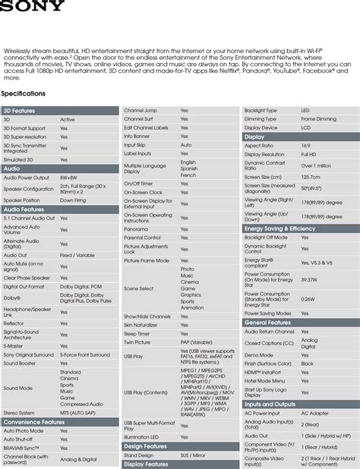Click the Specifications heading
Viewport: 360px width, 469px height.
pyautogui.click(x=24, y=93)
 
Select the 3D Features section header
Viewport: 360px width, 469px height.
pyautogui.click(x=19, y=111)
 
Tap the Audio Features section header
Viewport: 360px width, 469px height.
pyautogui.click(x=24, y=209)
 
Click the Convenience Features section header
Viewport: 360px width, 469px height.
pyautogui.click(x=33, y=422)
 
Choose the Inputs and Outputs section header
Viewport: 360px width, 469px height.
pyautogui.click(x=270, y=404)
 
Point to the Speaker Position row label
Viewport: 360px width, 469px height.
pyautogui.click(x=23, y=200)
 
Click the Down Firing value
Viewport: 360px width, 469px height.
pyautogui.click(x=73, y=200)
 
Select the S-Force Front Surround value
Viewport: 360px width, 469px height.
pyautogui.click(x=84, y=354)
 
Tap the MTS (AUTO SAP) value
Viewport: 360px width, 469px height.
pyautogui.click(x=79, y=413)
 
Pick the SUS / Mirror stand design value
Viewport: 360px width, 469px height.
pyautogui.click(x=194, y=455)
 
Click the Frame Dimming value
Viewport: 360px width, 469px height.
pyautogui.click(x=318, y=119)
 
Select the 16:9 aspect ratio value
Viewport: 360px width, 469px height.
pyautogui.click(x=305, y=145)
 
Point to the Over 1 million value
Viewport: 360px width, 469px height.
pyautogui.click(x=316, y=165)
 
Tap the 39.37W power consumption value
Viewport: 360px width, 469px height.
pyautogui.click(x=309, y=279)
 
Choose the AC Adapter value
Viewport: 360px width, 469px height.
pyautogui.click(x=315, y=414)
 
